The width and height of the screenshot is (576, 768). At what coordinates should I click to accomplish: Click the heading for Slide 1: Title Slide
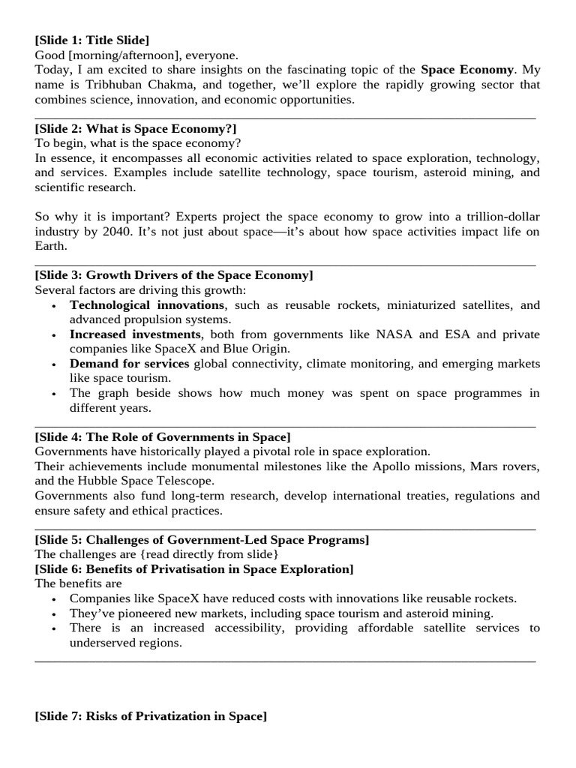click(97, 39)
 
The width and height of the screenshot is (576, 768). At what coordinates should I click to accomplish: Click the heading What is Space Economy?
click(136, 129)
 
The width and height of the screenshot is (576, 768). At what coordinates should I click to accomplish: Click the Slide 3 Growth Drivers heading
click(174, 275)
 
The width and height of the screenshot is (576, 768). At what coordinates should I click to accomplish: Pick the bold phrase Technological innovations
click(146, 305)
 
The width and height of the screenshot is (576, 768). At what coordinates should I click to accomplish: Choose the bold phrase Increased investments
click(136, 334)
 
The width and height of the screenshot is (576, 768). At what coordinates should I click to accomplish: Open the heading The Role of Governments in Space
click(163, 436)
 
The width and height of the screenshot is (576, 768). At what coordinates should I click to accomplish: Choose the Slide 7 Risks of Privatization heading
click(151, 716)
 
